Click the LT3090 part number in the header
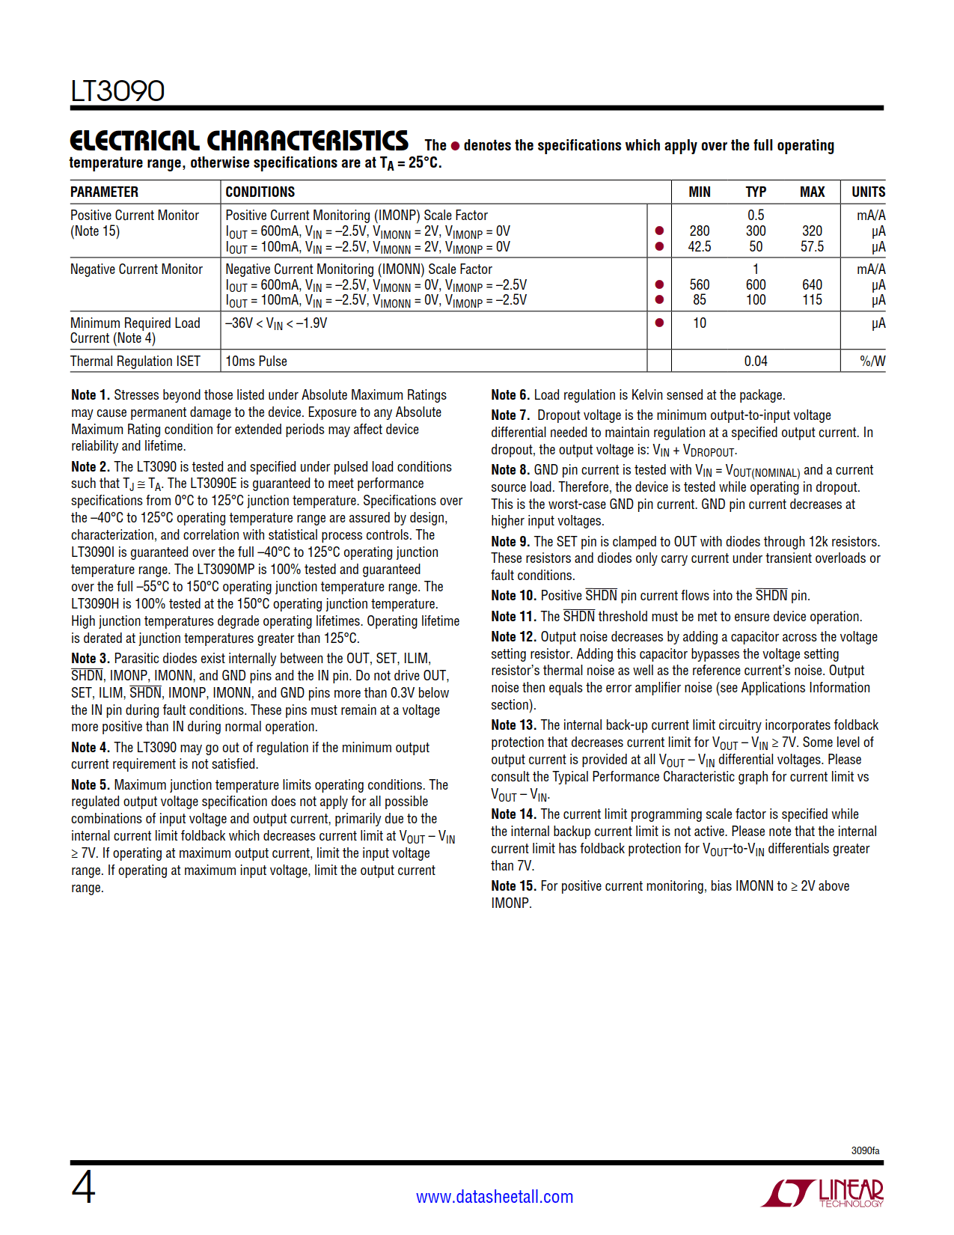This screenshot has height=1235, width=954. [x=117, y=91]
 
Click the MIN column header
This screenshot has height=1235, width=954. [x=699, y=192]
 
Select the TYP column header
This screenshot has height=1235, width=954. [x=755, y=192]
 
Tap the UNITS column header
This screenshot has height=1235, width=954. [x=868, y=192]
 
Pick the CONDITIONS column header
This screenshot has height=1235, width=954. [x=260, y=192]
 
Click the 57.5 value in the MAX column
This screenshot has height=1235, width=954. [x=812, y=246]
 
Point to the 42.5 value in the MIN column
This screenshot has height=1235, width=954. [x=699, y=246]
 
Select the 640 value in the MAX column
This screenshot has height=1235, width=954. [x=812, y=284]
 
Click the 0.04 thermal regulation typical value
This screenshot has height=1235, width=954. [x=755, y=362]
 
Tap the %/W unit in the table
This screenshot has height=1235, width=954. [x=872, y=362]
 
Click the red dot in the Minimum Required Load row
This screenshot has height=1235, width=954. [x=659, y=323]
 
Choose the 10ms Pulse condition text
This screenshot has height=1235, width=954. [x=256, y=362]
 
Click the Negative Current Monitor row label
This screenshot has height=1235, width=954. [x=136, y=269]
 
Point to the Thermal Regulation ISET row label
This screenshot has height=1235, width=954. [x=135, y=362]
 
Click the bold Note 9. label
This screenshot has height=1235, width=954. [x=510, y=541]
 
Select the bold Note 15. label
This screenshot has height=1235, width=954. [x=513, y=886]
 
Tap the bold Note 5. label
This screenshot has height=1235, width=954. [x=91, y=784]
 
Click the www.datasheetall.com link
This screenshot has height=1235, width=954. [x=495, y=1197]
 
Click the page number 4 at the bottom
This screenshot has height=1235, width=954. [x=83, y=1188]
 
